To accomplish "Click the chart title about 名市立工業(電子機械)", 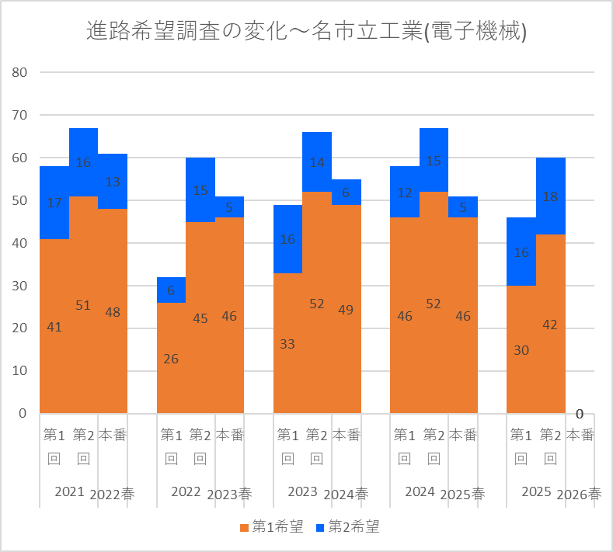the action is click(x=306, y=30).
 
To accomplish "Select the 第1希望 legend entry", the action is click(x=272, y=526).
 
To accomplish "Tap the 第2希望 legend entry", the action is click(x=347, y=526).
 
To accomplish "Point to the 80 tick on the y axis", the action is click(x=19, y=72).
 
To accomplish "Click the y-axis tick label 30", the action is click(x=19, y=286).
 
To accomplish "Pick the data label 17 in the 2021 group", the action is click(x=54, y=203).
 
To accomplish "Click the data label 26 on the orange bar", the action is click(x=171, y=359).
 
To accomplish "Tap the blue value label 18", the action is click(x=550, y=196).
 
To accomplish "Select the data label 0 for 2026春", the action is click(x=580, y=414).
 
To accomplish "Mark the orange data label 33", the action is click(x=287, y=344).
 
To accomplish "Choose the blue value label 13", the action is click(x=113, y=182).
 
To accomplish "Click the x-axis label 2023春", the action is click(x=229, y=495).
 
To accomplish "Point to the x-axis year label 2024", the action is click(x=420, y=491).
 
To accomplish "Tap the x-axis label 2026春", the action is click(x=579, y=495).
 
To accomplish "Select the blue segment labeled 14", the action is click(x=317, y=162).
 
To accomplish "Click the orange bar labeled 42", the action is click(x=550, y=324).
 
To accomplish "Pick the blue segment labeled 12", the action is click(x=405, y=192).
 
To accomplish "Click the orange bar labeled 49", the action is click(x=347, y=309).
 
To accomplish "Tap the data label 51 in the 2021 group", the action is click(x=83, y=304).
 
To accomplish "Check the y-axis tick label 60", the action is click(x=19, y=158).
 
